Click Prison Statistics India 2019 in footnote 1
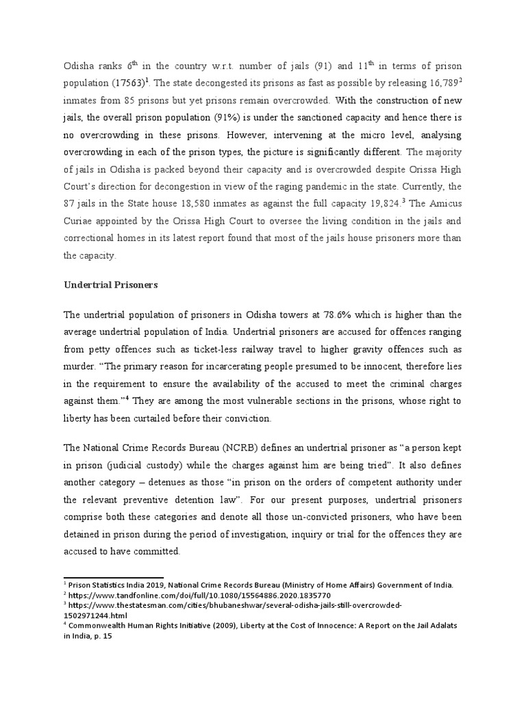(x=116, y=585)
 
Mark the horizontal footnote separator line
(x=113, y=576)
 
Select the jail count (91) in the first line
(x=324, y=65)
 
